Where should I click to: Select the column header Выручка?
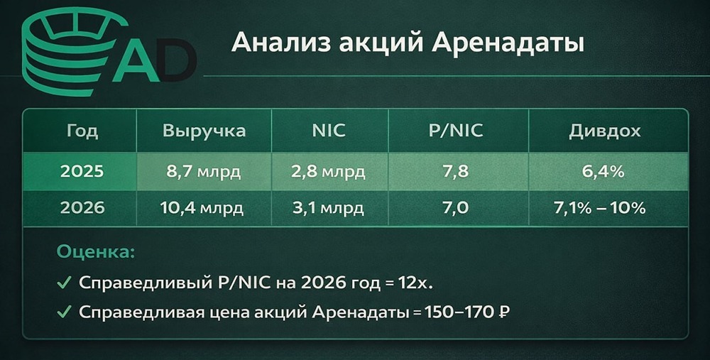click(x=204, y=131)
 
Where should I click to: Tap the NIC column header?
click(x=328, y=131)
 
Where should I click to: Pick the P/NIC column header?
click(x=454, y=131)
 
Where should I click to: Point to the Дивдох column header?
click(x=604, y=131)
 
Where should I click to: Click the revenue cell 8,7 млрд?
click(x=204, y=171)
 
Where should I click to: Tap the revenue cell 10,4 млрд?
click(x=204, y=209)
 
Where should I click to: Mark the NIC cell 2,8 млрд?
click(x=328, y=171)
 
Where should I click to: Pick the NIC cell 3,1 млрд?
click(x=328, y=209)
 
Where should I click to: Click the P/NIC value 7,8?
click(x=454, y=171)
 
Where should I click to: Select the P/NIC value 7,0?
click(x=454, y=209)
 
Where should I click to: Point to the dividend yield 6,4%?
click(x=604, y=171)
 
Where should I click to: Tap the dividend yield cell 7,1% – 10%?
click(x=604, y=209)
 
